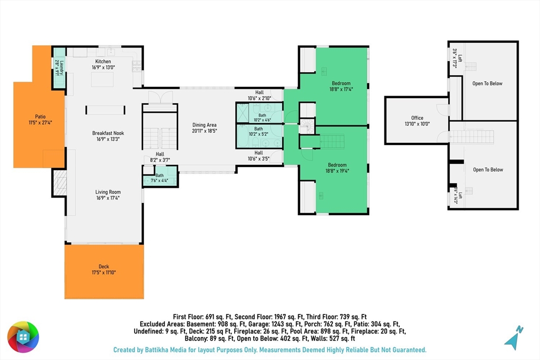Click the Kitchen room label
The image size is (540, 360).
pos(103,62)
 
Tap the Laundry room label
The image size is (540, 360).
pos(62,68)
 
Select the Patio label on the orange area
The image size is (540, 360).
pos(40,116)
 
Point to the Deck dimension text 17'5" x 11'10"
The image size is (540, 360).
pos(104,273)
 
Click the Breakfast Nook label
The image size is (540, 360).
pos(108,133)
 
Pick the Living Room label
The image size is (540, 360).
pos(108,192)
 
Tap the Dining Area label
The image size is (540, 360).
pos(204,125)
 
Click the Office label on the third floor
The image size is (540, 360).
pos(417,118)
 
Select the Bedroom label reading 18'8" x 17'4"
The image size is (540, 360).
pos(341,83)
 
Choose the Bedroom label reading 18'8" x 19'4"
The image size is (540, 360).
pos(337,165)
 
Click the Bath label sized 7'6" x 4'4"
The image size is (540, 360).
pos(159,176)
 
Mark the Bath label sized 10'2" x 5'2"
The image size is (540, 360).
pos(258,129)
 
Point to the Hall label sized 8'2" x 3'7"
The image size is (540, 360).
pos(160,154)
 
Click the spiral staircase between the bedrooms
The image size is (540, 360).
pos(307,127)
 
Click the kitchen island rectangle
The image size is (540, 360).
pos(102,80)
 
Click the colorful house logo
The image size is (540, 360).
pos(23,337)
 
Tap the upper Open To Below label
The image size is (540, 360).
pos(487,83)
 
